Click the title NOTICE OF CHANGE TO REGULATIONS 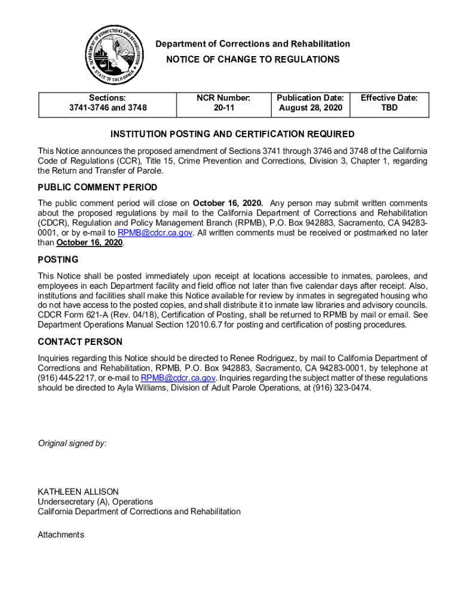click(x=253, y=59)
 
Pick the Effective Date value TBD click(x=389, y=108)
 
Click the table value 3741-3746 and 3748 click(x=108, y=108)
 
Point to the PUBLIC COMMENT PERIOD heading click(x=97, y=187)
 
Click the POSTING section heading click(x=58, y=260)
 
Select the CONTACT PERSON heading click(x=80, y=342)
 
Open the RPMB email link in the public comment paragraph click(x=155, y=233)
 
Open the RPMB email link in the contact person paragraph click(x=178, y=378)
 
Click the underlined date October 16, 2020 click(x=90, y=243)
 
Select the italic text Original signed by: click(x=72, y=443)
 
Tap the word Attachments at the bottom click(x=61, y=535)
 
